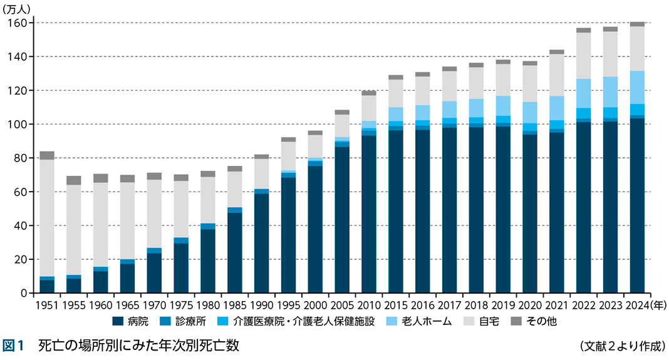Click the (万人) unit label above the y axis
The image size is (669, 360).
tap(18, 8)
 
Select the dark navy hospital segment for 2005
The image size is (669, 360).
tap(342, 220)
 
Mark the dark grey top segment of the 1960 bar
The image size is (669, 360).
tap(101, 178)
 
